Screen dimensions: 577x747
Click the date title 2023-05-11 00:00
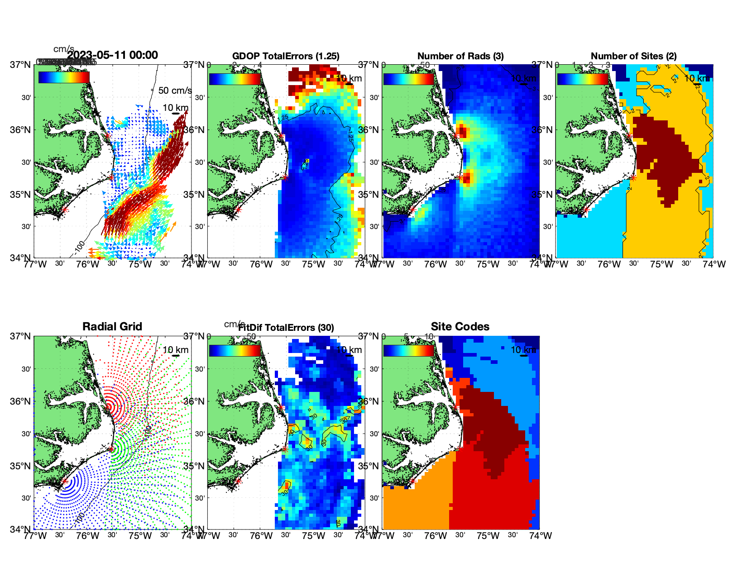[x=112, y=55]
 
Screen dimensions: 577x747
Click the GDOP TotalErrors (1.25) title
[x=286, y=56]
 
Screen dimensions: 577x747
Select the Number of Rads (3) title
[x=460, y=56]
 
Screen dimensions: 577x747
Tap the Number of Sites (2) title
[x=634, y=56]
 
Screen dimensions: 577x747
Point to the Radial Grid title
[x=112, y=327]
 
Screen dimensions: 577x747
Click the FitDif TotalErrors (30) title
[x=286, y=328]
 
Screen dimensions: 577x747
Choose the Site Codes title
[x=460, y=327]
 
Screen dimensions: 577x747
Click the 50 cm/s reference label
[x=175, y=91]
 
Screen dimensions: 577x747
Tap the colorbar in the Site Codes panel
[x=408, y=350]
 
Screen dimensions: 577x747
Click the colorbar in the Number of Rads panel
[x=408, y=79]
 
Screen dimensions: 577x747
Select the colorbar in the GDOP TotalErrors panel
[x=235, y=79]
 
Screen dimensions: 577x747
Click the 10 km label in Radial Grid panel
[x=175, y=350]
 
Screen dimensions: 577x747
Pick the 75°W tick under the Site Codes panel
[x=488, y=536]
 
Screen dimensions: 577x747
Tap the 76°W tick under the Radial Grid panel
[x=87, y=536]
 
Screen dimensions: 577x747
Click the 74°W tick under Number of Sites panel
[x=714, y=264]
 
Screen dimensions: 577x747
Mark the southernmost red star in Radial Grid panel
[x=65, y=482]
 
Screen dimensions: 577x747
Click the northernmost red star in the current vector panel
[x=108, y=136]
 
